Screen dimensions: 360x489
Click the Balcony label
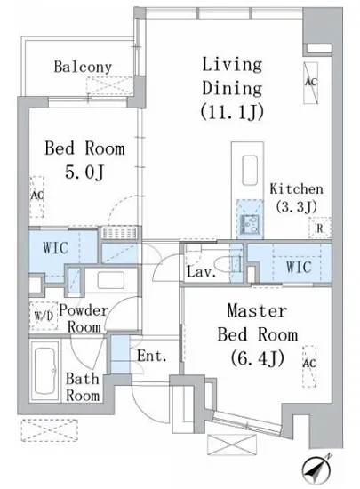click(x=83, y=67)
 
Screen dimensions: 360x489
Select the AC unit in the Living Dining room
click(x=311, y=83)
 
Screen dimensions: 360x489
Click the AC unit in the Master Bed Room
click(x=309, y=366)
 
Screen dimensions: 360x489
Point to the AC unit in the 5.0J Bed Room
click(x=36, y=196)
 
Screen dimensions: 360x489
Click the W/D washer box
click(x=44, y=316)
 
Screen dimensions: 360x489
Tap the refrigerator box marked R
click(x=320, y=228)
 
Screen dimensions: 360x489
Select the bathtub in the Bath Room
click(x=45, y=371)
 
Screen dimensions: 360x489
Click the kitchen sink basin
click(x=250, y=170)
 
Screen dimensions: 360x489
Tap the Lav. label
click(x=202, y=272)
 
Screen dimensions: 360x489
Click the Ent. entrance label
click(x=152, y=356)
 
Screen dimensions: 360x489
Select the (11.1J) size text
click(x=232, y=112)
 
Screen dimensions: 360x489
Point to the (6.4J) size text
click(x=258, y=358)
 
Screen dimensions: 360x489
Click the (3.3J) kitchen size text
click(x=296, y=206)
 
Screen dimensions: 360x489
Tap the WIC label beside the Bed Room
click(x=55, y=248)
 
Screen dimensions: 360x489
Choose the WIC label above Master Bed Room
click(x=299, y=267)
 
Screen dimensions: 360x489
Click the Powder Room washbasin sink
click(x=110, y=280)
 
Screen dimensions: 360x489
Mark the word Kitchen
click(x=296, y=189)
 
